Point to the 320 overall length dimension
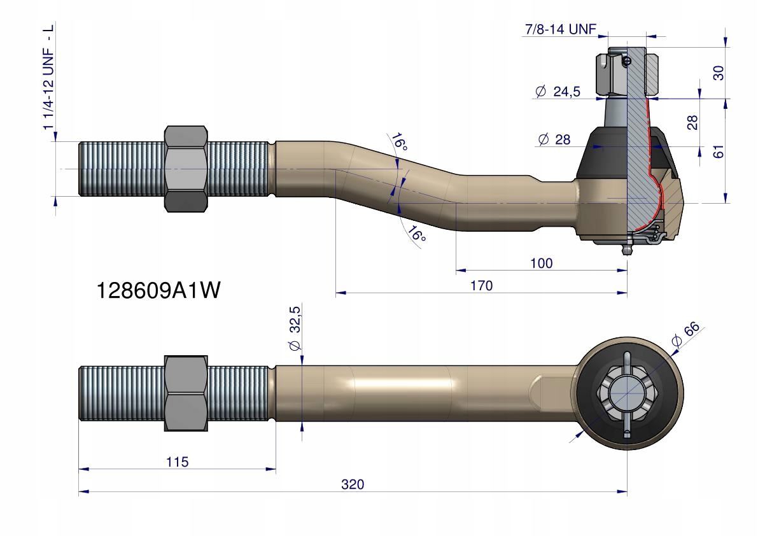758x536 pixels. [352, 484]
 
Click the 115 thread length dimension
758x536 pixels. [177, 462]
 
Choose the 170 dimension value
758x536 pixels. [481, 286]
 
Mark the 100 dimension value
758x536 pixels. [541, 263]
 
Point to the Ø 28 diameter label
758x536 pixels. [554, 139]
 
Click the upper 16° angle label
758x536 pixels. [399, 142]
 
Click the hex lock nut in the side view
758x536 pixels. [186, 169]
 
